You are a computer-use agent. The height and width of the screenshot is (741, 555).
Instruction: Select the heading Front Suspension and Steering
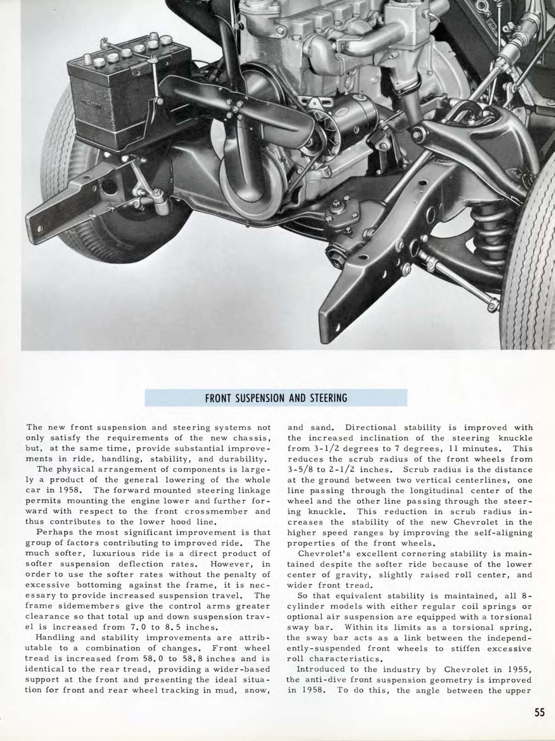276,398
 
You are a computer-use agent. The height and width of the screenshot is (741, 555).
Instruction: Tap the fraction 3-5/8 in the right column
300,469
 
